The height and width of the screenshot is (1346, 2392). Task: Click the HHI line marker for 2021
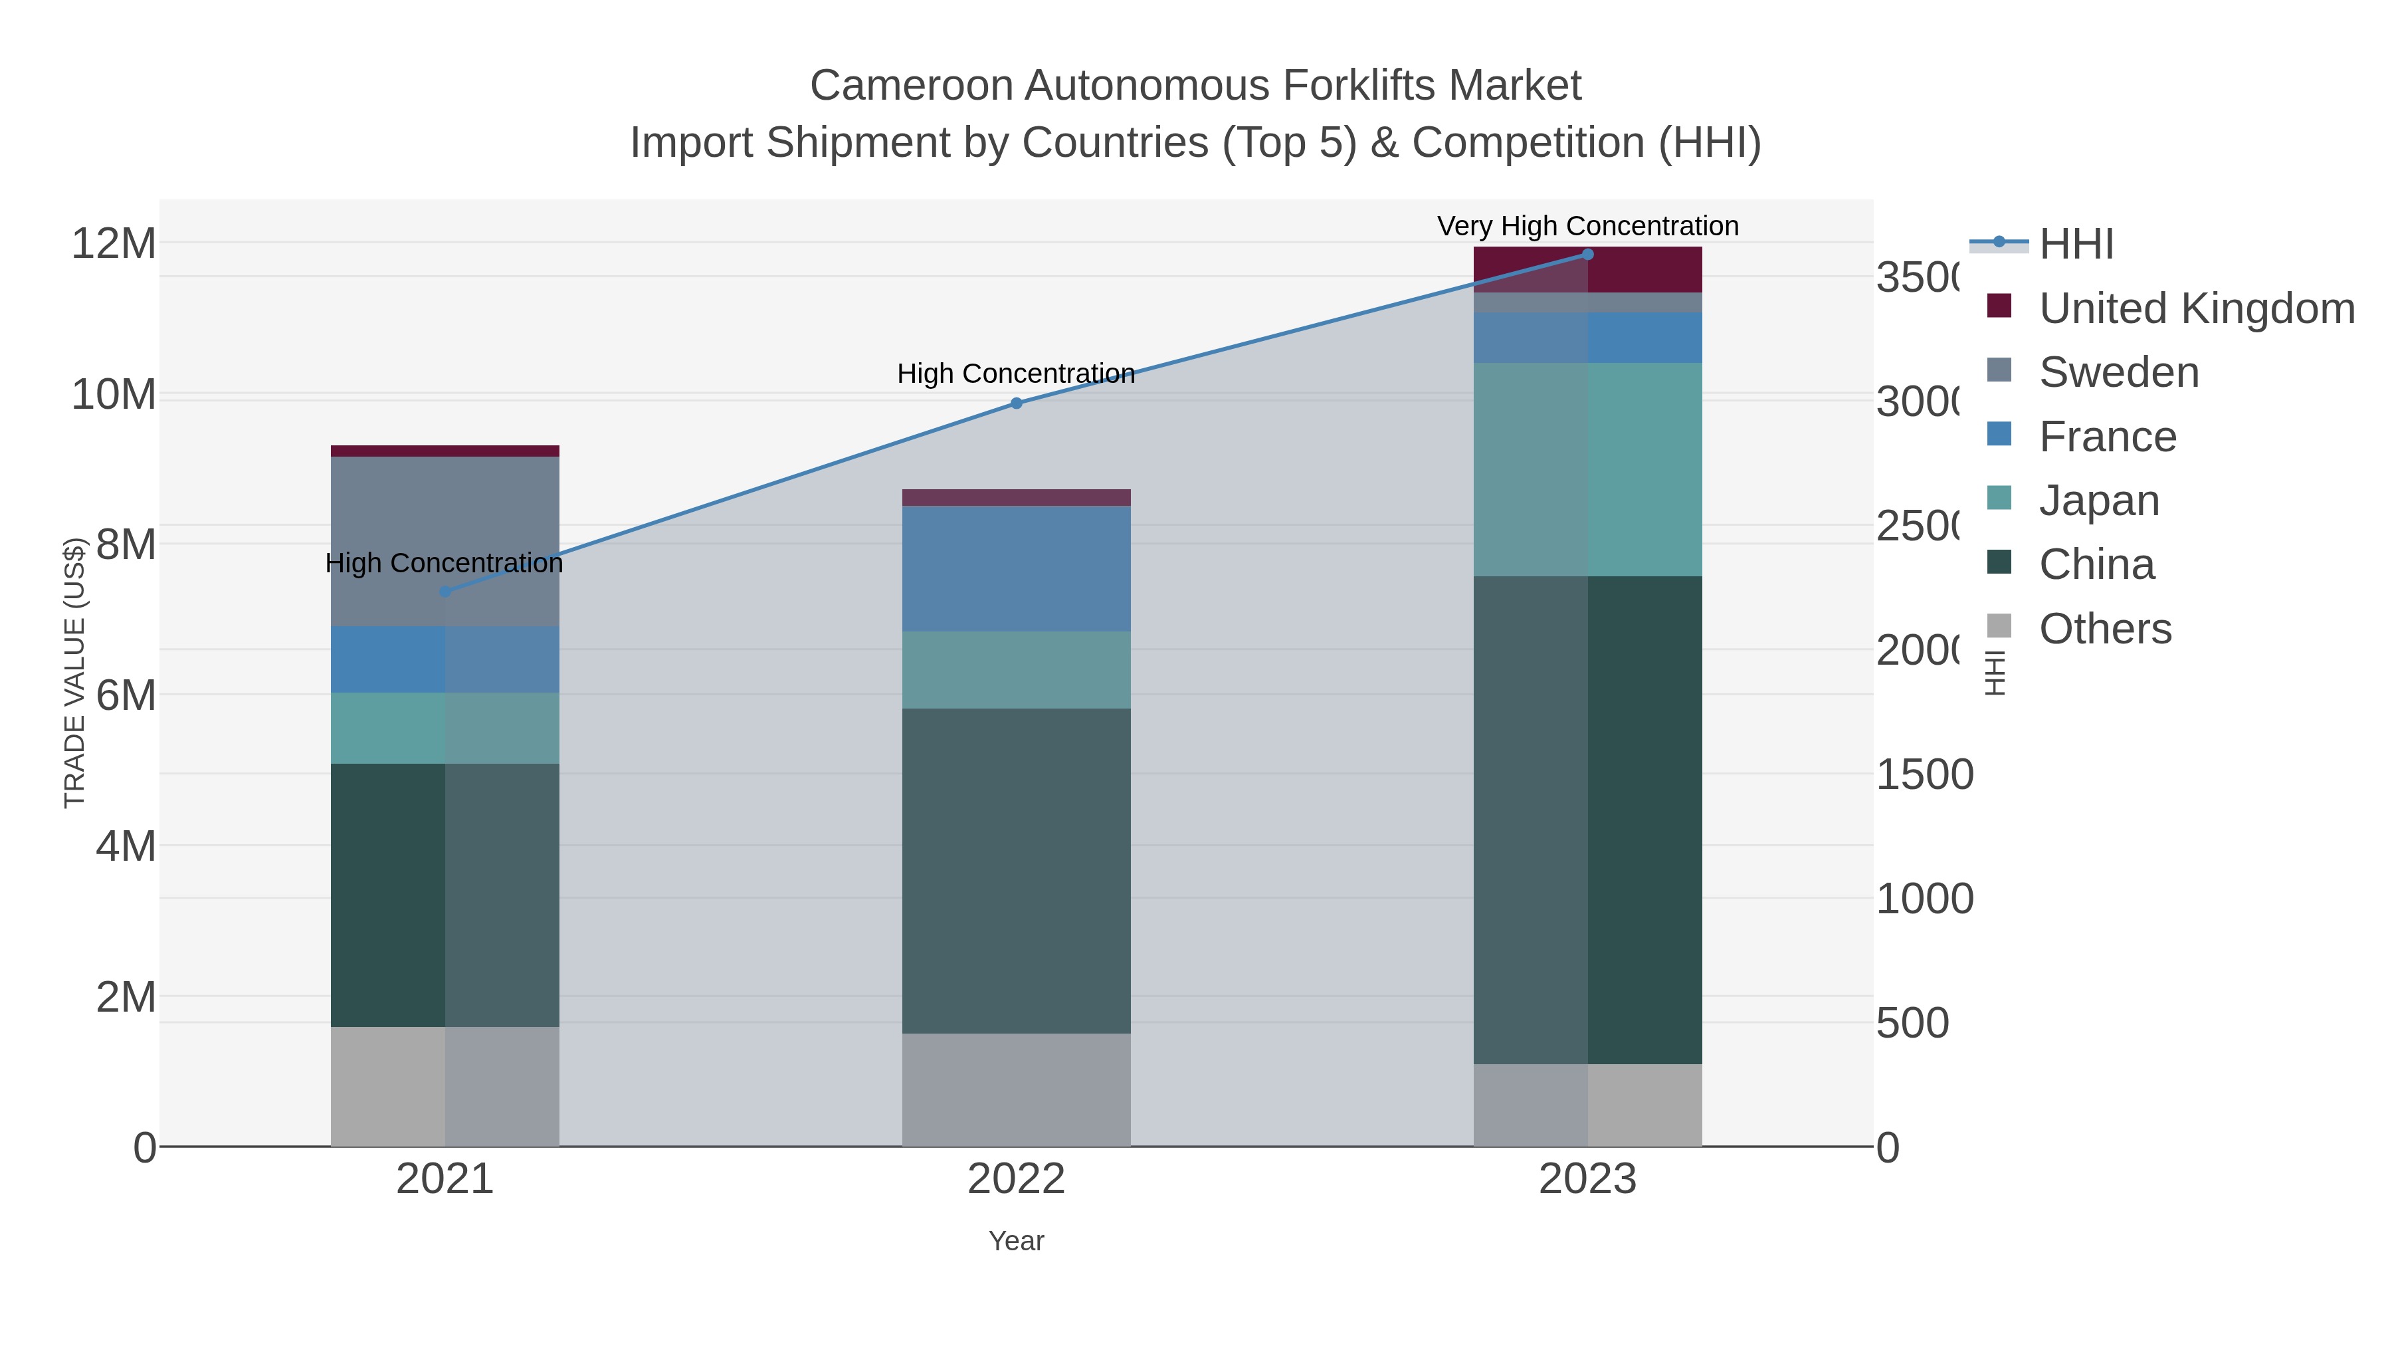click(445, 592)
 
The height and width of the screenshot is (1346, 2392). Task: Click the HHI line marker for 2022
click(1016, 403)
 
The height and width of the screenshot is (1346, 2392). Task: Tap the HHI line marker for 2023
click(1587, 255)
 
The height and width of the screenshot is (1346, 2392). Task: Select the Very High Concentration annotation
click(1587, 226)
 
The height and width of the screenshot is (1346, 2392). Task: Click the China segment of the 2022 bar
click(1016, 870)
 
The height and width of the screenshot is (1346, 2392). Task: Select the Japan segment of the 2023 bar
click(1587, 469)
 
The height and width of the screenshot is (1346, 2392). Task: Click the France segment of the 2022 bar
click(1016, 568)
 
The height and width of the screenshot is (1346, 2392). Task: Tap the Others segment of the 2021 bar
click(445, 1086)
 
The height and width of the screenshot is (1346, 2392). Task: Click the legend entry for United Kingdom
click(2196, 308)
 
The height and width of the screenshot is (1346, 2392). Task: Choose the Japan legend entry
click(2098, 501)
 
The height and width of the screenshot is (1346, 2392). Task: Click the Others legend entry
click(2104, 629)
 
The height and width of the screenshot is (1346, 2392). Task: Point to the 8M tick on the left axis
click(126, 544)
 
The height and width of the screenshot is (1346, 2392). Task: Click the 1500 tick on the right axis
click(1924, 775)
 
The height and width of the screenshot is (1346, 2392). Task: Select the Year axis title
click(1016, 1241)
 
